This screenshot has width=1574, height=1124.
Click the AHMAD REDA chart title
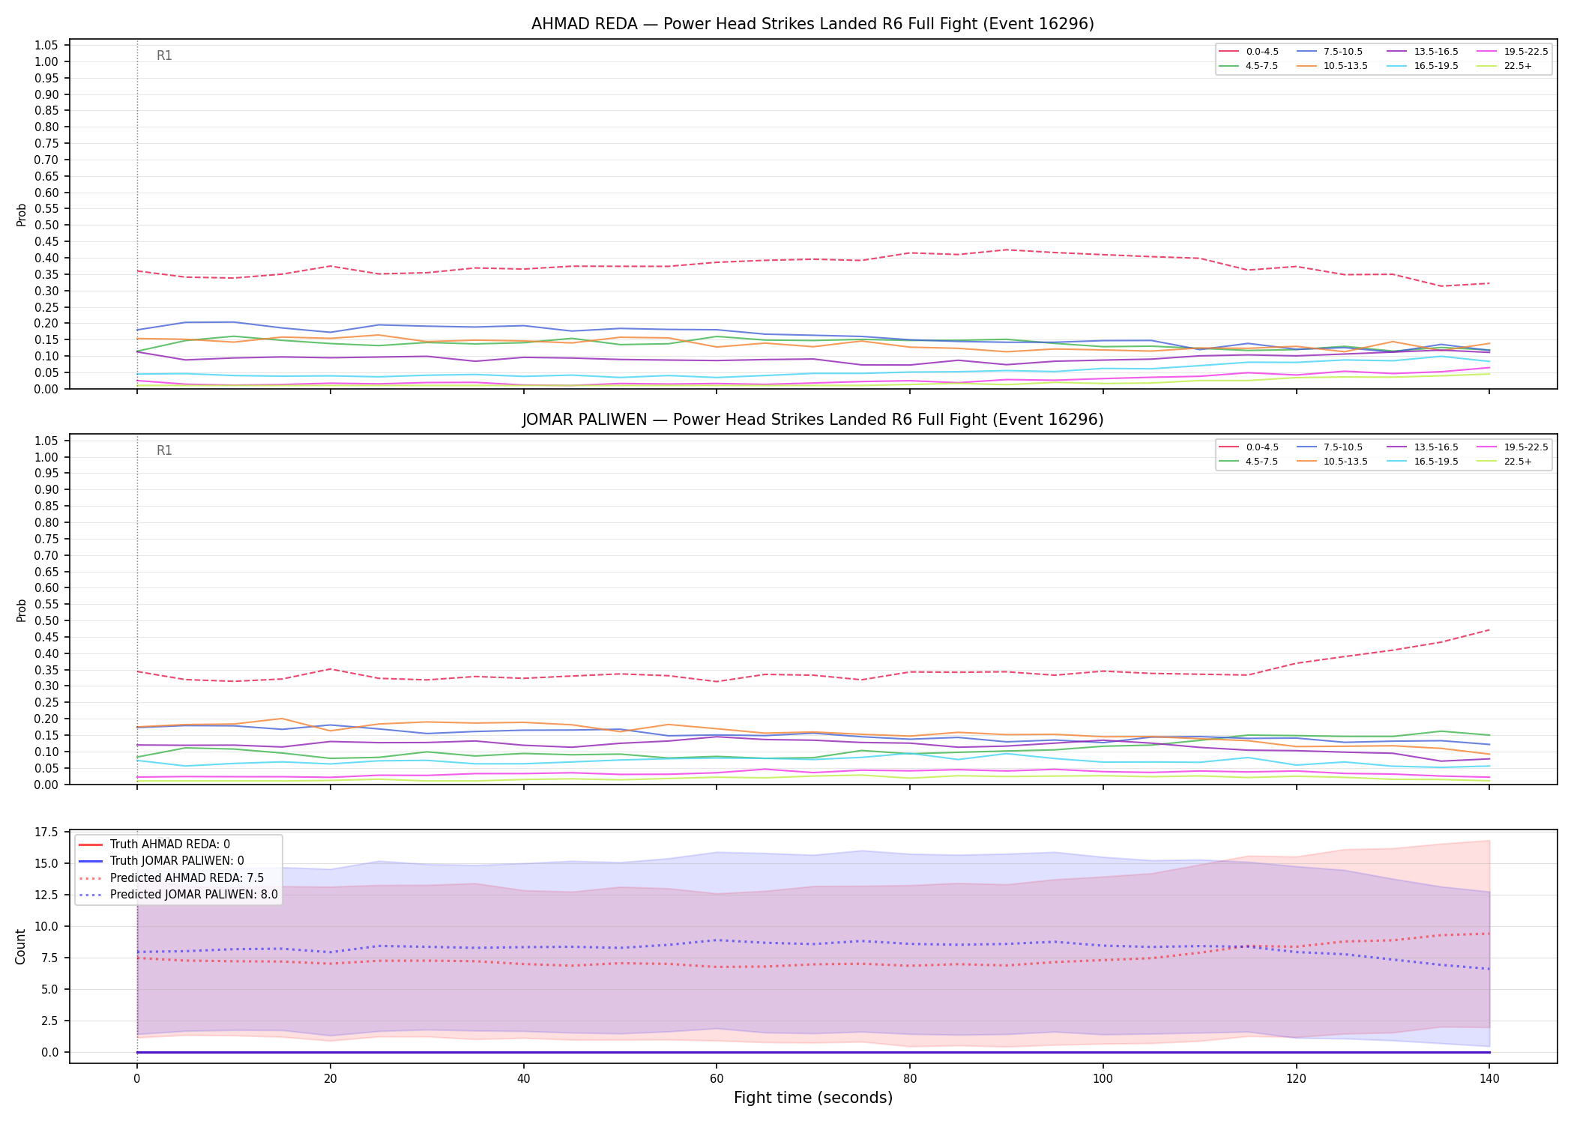tap(812, 24)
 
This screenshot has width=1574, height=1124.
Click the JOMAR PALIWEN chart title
tap(812, 420)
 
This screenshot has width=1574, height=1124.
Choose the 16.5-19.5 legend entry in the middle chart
tap(1421, 462)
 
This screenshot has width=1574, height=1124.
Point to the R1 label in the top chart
tap(164, 55)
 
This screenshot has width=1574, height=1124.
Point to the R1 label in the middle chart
tap(164, 450)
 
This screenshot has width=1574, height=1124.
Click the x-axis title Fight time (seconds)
tap(813, 1098)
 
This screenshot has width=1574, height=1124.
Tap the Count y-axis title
tap(21, 946)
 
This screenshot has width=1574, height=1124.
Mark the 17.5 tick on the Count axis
tap(46, 832)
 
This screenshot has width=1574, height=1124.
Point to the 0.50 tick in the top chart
tap(46, 225)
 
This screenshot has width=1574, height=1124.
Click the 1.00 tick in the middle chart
tap(46, 457)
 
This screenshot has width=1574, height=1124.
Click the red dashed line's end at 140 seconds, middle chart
tap(1489, 629)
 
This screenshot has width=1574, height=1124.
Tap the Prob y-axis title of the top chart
tap(22, 215)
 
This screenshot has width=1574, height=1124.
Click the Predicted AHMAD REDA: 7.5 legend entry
tap(172, 878)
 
